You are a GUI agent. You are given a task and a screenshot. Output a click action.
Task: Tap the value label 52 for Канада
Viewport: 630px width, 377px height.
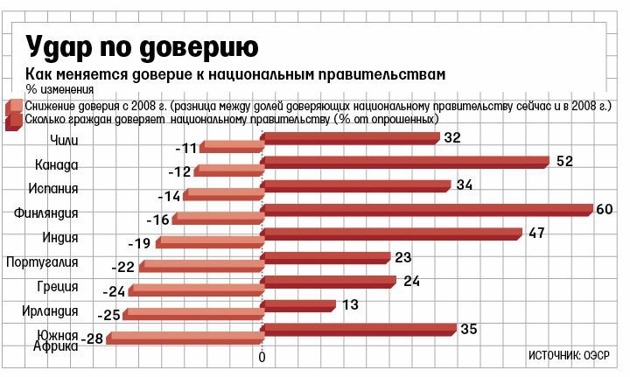point(564,161)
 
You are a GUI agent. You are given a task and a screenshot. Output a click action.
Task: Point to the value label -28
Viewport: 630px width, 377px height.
point(90,339)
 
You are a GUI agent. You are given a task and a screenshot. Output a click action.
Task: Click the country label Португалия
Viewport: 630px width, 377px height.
point(43,262)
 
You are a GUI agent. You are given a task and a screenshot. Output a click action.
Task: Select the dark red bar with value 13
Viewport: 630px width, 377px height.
point(298,305)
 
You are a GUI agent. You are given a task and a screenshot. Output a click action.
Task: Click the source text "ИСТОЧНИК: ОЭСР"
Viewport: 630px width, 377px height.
point(569,355)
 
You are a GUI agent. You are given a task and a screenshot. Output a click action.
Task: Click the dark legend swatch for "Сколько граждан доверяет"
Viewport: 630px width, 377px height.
point(15,120)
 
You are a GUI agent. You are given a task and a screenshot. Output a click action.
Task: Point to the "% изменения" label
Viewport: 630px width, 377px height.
point(59,88)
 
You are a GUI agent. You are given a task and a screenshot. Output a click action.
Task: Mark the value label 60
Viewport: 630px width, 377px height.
point(603,208)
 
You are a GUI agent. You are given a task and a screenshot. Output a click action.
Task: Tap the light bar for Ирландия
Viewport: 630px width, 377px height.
point(193,313)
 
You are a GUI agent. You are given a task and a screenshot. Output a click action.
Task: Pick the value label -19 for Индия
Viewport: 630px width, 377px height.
point(140,243)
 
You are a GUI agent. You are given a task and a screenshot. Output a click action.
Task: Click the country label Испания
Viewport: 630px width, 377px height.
point(55,189)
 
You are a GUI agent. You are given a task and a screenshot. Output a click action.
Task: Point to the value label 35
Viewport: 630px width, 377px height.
point(469,329)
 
